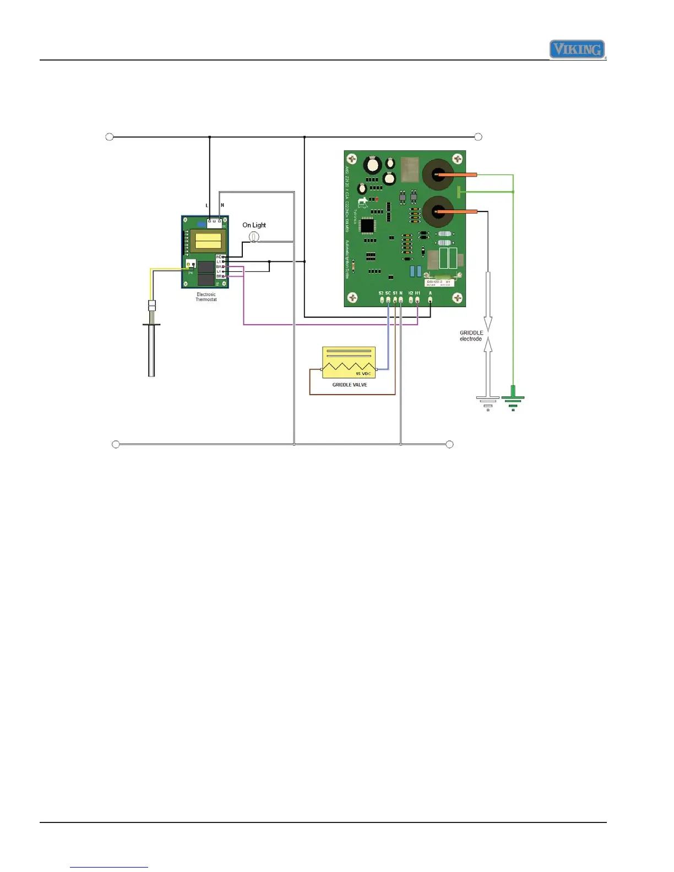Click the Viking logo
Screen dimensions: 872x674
point(577,50)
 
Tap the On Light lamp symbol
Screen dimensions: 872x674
point(254,236)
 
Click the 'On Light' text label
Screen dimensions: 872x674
point(254,225)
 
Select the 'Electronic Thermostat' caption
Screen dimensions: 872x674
point(206,297)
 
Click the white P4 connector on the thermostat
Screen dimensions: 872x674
point(191,264)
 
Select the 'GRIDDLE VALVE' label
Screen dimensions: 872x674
point(350,385)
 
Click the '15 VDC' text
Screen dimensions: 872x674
point(363,374)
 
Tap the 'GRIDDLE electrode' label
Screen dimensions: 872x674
point(471,336)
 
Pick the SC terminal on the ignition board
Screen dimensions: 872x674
point(388,300)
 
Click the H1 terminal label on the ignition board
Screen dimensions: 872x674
point(417,293)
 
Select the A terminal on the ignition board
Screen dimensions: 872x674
point(430,300)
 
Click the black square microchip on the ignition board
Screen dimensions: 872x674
point(367,225)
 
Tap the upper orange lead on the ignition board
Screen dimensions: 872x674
point(457,175)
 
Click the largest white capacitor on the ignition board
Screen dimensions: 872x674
point(373,164)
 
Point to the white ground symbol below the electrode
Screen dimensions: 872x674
point(488,402)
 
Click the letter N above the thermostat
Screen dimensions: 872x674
point(222,205)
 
